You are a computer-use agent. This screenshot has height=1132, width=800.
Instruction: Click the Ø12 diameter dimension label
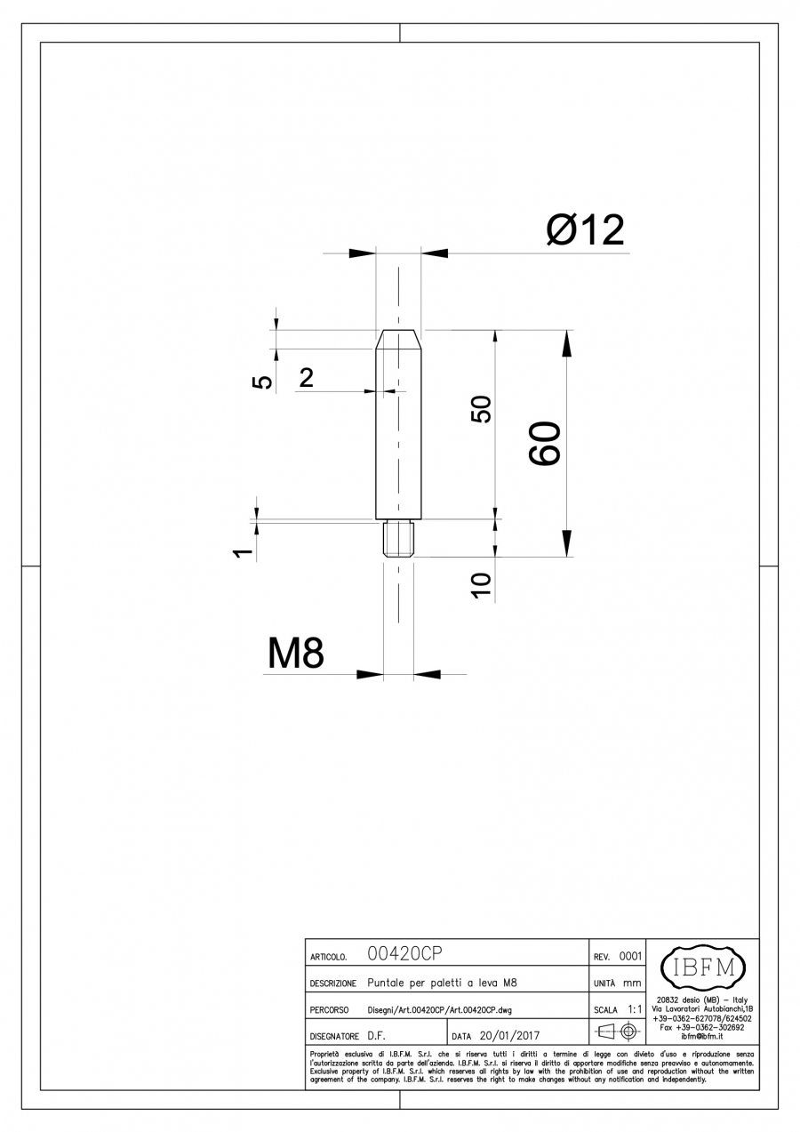(x=586, y=230)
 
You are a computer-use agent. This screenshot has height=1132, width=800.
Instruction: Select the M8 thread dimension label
(x=295, y=653)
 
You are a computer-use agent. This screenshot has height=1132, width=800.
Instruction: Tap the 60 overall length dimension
(x=545, y=443)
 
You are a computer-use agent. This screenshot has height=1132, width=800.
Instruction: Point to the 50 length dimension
(x=481, y=409)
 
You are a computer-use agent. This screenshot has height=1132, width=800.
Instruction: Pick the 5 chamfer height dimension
(x=261, y=382)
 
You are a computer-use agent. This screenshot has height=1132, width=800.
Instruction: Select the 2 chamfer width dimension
(x=306, y=377)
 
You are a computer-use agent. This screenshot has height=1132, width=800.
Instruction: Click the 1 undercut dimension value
(x=243, y=552)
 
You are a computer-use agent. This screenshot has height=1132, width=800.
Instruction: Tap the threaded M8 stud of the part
(x=398, y=539)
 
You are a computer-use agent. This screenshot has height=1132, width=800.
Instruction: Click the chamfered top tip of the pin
(x=398, y=339)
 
